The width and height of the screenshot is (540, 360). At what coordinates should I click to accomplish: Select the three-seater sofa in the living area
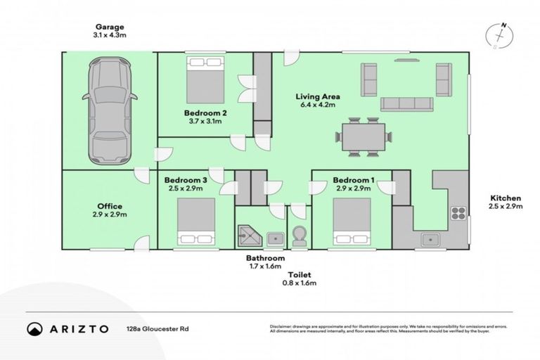(406, 104)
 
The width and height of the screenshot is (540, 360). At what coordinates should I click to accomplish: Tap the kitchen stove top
(458, 213)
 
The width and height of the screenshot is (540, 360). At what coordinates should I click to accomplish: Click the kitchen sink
(430, 240)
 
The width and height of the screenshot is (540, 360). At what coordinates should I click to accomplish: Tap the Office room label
(110, 206)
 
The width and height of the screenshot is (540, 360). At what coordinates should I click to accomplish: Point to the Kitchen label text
(505, 198)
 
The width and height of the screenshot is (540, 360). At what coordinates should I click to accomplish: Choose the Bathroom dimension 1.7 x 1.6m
(265, 266)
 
